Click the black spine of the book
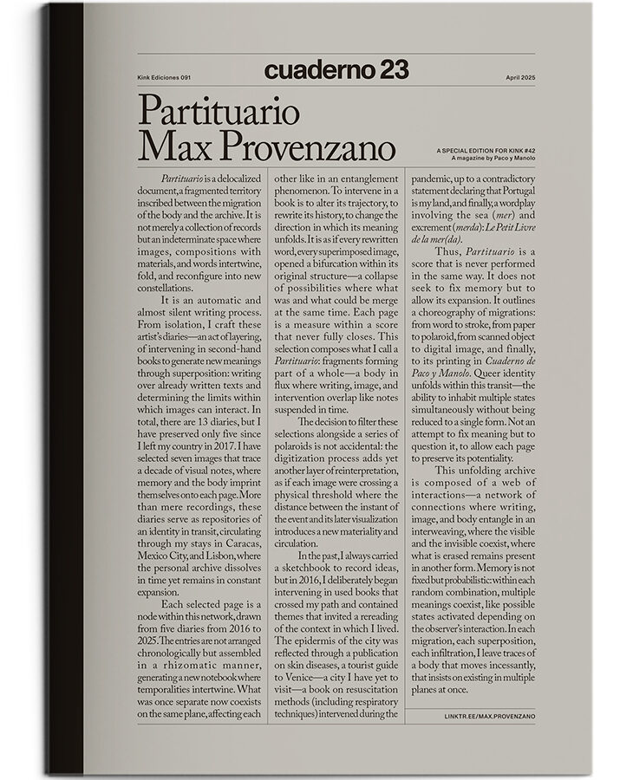tap(65, 390)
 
